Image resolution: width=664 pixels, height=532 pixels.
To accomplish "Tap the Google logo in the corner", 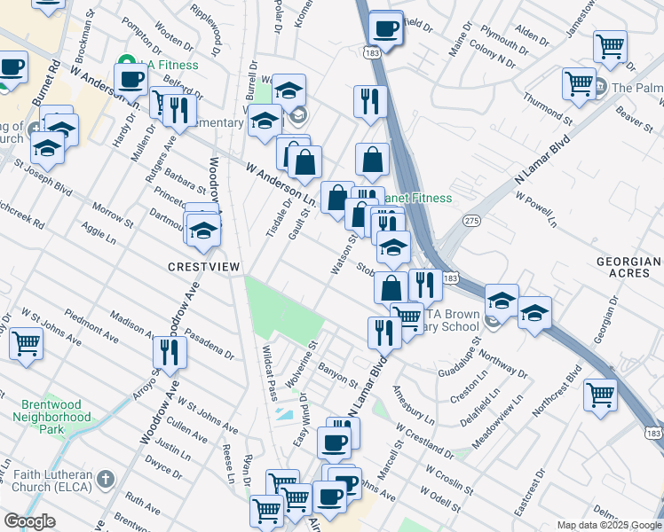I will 29,521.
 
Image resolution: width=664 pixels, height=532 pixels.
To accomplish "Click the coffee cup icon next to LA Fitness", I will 130,79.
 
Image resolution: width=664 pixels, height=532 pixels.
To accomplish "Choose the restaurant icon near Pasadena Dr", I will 167,351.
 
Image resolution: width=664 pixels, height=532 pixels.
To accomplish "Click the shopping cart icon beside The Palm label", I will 579,82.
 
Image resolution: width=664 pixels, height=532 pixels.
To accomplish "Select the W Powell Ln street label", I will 534,210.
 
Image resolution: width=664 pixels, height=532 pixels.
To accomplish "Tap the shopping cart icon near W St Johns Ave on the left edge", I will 26,342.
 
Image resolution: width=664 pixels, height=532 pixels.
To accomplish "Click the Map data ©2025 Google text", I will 609,525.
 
